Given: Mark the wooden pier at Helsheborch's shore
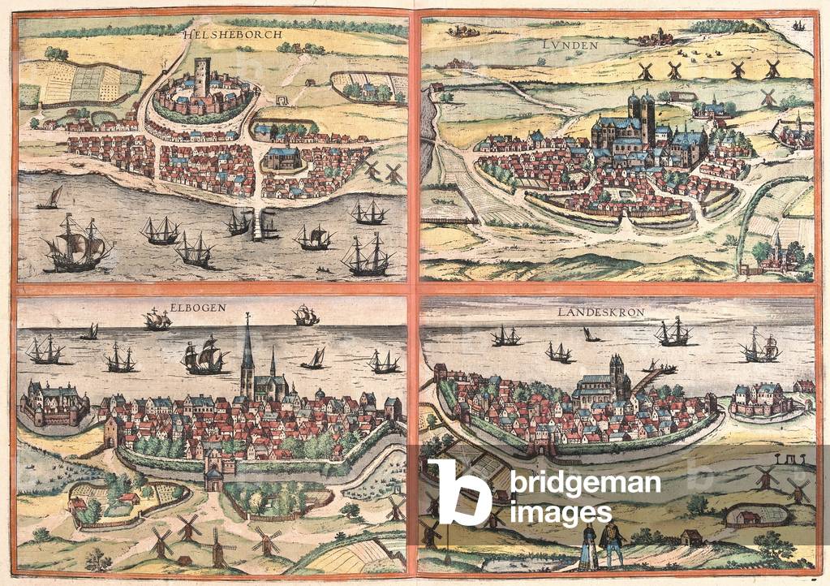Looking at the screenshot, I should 258,223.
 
